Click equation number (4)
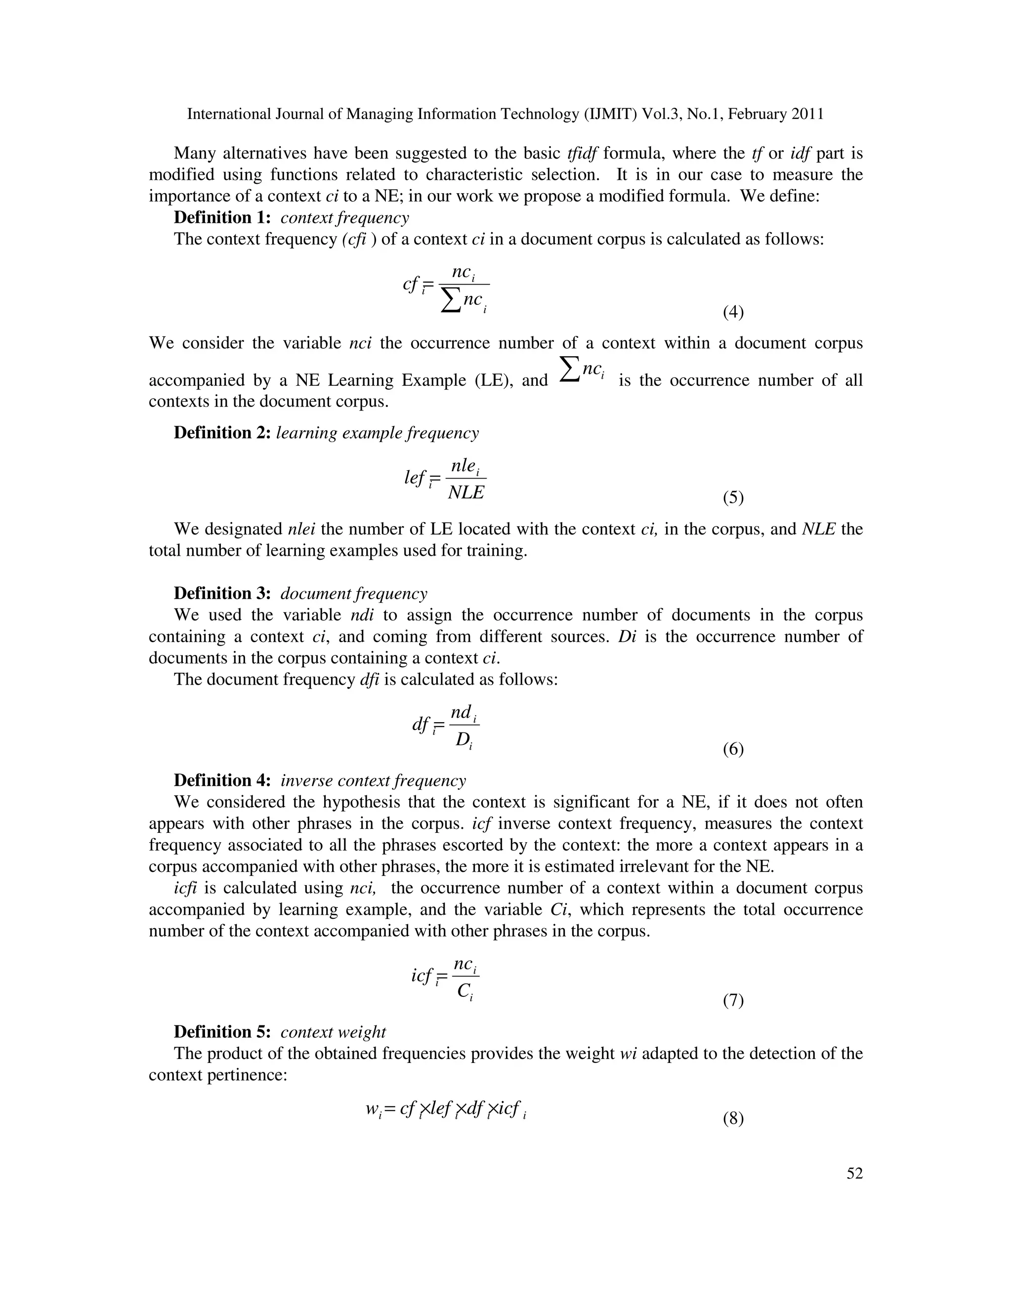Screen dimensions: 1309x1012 (x=733, y=312)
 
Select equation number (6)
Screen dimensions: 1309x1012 (x=733, y=749)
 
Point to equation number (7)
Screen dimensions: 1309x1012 (x=733, y=1000)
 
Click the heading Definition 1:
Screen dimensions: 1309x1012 (x=222, y=217)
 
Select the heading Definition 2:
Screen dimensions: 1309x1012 (x=222, y=433)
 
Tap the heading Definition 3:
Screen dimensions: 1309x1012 (x=222, y=593)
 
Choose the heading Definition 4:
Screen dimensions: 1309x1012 (x=222, y=780)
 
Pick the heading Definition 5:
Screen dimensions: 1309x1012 (x=222, y=1031)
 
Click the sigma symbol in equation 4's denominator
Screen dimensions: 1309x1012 (x=451, y=301)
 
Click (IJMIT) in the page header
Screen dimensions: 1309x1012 (x=610, y=114)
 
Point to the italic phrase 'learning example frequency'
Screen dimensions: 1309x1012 (x=377, y=433)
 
